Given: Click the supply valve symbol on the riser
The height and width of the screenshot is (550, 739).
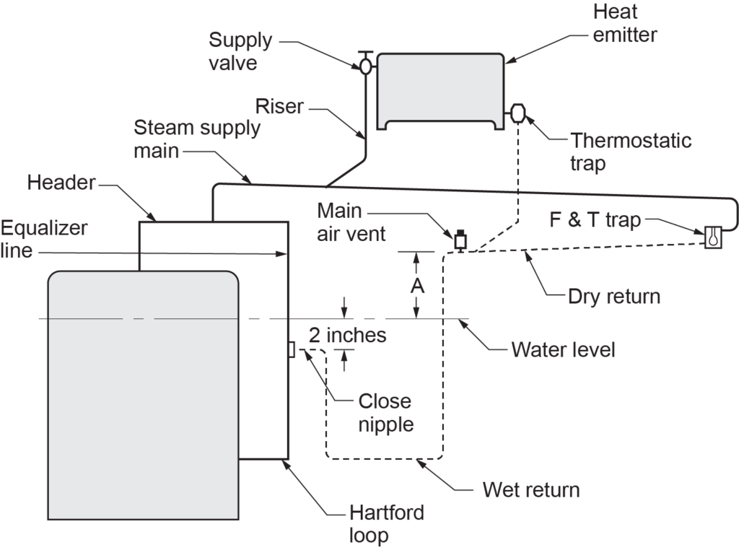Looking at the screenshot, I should pos(366,66).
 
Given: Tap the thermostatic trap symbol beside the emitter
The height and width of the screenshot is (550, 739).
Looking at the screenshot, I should pos(518,113).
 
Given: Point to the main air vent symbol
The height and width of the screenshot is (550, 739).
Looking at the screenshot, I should pos(459,239).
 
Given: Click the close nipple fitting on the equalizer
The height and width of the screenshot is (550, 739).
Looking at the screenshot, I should pos(291,349).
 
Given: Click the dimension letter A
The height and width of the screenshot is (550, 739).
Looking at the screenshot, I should pos(417,286).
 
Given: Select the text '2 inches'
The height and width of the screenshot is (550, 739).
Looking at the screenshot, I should pos(347,335).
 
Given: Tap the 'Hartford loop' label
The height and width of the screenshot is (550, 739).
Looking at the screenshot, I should pos(386,525).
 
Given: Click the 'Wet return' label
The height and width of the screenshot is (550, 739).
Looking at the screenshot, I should pos(531,491).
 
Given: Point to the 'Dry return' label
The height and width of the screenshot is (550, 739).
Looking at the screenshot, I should pos(614,295).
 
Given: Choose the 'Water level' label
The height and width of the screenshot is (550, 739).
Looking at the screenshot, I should pos(563,351).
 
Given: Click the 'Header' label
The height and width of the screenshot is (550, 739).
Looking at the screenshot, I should pos(61,182).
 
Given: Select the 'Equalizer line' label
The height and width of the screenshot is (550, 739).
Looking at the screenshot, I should pos(43,240).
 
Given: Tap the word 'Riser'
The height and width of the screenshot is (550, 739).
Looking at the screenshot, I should pos(280,108).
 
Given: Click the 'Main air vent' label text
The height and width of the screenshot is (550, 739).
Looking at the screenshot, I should pos(354,222).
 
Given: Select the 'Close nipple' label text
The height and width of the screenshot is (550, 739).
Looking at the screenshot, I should pos(385,413).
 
